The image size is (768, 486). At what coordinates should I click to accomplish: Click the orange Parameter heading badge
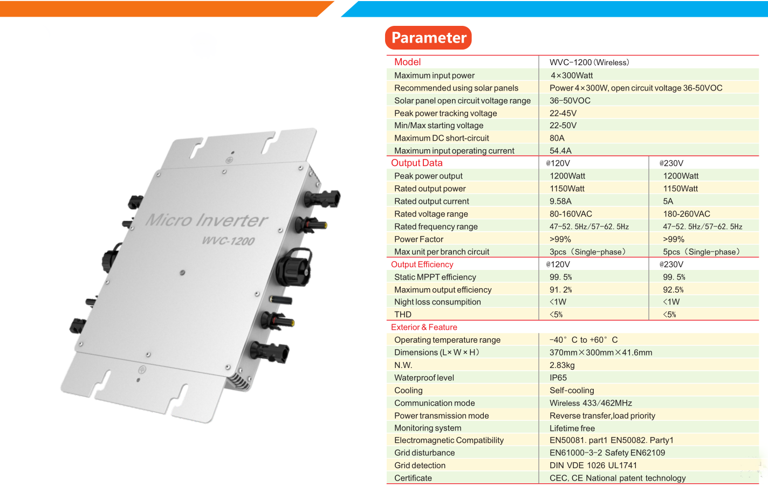pos(428,38)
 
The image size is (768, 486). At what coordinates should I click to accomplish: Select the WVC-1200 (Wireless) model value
pos(589,63)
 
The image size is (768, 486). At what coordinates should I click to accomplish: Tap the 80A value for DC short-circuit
pos(557,138)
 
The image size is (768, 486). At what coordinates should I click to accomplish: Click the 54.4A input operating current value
pos(560,151)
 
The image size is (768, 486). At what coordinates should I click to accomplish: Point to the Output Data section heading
pos(416,163)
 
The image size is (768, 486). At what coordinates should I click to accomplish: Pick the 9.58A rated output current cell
pos(560,201)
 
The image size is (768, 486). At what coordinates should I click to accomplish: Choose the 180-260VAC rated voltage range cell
pos(686,214)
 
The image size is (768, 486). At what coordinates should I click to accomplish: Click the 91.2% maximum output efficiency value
pos(560,290)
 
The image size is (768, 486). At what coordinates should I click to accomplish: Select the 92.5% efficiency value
pos(673,290)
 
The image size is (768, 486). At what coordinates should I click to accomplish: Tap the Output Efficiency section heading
pos(422,265)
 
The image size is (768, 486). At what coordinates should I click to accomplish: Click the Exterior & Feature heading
pos(424,327)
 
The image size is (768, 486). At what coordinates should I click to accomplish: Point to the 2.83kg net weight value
pos(562,365)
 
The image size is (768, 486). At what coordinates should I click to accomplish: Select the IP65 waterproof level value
pos(558,378)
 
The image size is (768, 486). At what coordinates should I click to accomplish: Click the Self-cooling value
pos(572,390)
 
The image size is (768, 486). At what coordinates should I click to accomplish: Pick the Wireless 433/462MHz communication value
pos(591,403)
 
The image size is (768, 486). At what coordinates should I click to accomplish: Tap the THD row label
pos(402,315)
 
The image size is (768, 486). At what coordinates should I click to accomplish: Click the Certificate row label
pos(413,478)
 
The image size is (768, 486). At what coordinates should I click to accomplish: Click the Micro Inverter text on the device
pos(207,220)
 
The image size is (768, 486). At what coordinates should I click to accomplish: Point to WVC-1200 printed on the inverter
pos(228,240)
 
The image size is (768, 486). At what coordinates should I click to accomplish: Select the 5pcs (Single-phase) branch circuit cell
pos(701,252)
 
